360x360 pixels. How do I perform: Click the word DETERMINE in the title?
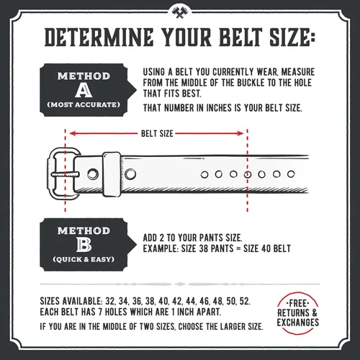pos(99,37)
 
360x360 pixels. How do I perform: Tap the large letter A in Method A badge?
pos(84,91)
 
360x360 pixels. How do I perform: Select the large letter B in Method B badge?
pos(84,246)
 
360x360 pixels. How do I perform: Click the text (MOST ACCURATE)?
pos(84,105)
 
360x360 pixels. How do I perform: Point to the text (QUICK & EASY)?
pos(84,259)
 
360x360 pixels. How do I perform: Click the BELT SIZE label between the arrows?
pos(157,134)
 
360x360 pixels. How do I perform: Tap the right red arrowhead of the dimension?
pos(240,133)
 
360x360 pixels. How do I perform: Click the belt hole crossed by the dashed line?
pos(248,174)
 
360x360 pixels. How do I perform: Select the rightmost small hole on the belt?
pos(291,174)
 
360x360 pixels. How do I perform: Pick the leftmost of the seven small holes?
pos(204,175)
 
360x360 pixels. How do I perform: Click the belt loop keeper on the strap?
pos(112,174)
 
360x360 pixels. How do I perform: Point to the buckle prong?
pos(65,174)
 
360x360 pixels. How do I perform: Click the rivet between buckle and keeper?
pos(93,174)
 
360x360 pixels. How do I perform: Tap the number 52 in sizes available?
pos(245,301)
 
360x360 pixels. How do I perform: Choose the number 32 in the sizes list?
pos(110,301)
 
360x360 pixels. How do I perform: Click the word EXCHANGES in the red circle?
pos(298,322)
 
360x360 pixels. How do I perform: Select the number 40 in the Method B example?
pos(266,248)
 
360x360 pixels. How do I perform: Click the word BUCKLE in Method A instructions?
pos(251,83)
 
